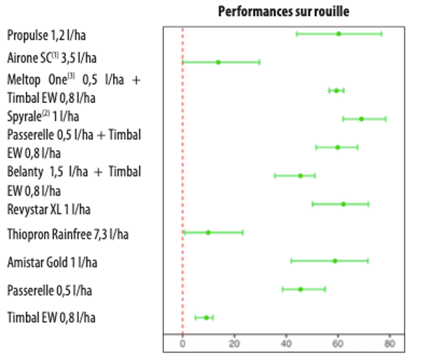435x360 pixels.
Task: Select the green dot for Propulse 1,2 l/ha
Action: pos(338,33)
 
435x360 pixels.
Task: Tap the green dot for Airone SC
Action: pos(217,62)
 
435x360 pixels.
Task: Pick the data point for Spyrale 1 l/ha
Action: pos(361,118)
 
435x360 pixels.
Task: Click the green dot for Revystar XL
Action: pos(343,204)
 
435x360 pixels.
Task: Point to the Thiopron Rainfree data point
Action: pos(208,232)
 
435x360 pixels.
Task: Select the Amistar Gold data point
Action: pos(335,261)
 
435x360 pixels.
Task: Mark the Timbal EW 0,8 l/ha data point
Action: pos(206,317)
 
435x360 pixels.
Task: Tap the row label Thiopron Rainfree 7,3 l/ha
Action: pos(68,234)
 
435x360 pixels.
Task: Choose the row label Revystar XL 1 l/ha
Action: pos(49,209)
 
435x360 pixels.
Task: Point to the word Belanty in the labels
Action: pos(25,172)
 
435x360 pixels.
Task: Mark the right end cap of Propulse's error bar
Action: pos(381,33)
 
